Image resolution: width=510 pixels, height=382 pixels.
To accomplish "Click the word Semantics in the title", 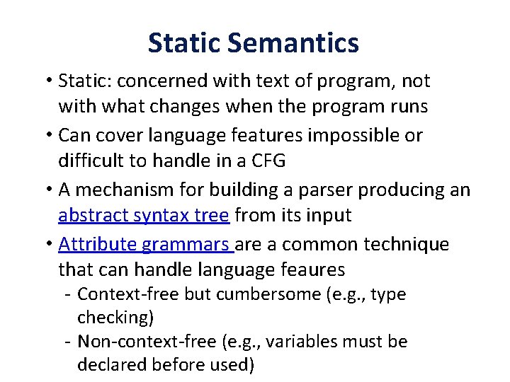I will (293, 43).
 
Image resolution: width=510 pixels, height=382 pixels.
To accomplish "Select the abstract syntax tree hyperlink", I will (144, 215).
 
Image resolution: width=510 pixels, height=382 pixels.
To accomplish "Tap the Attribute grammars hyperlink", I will (146, 245).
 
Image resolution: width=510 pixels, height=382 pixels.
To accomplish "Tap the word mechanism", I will (122, 190).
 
